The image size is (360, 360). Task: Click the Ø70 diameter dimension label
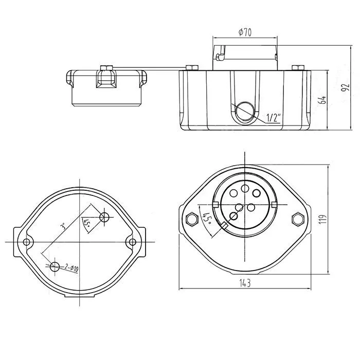pos(245,32)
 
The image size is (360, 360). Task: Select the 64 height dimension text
pos(323,100)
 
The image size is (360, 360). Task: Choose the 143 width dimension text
pos(245,283)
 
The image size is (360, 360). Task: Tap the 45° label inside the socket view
pos(207,220)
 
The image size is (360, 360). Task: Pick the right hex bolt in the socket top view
pos(297,219)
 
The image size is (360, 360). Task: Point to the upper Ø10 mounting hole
pos(105,217)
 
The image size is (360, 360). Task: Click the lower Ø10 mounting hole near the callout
pos(55,266)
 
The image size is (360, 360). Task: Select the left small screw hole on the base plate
pos(27,242)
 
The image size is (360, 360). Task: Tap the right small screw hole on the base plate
pos(133,242)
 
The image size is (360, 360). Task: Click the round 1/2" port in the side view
pos(245,111)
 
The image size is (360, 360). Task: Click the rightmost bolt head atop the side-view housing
pos(297,67)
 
